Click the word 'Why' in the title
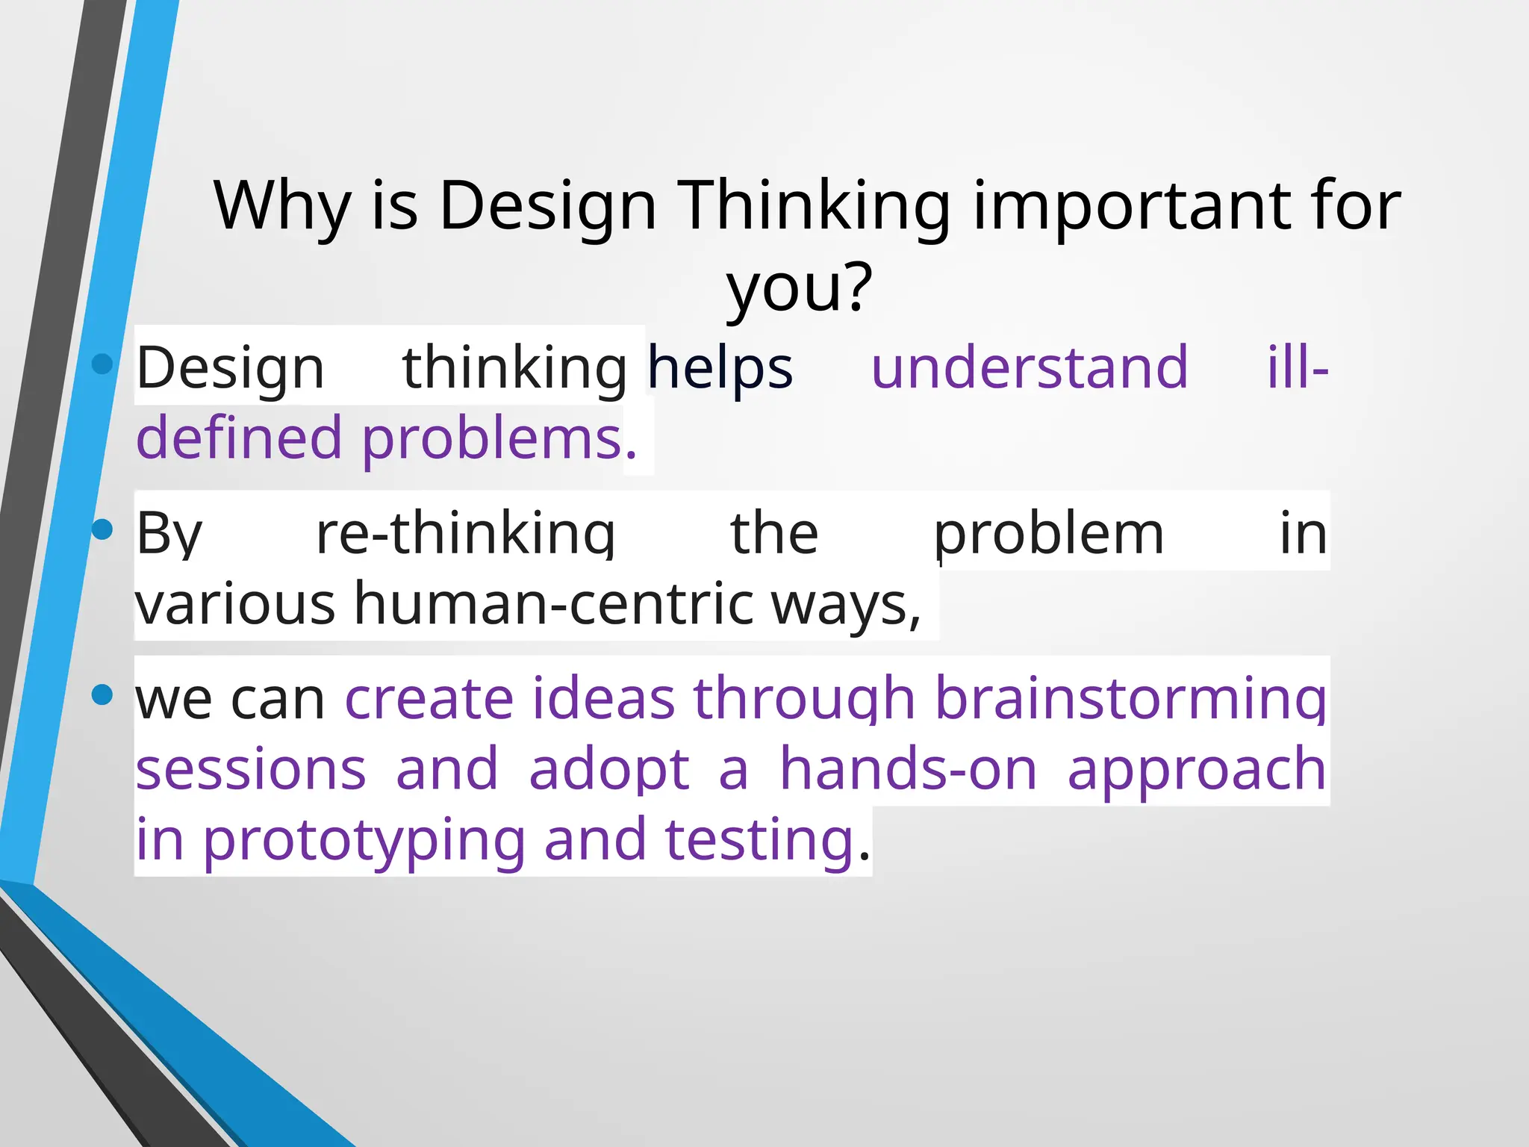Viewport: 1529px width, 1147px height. pyautogui.click(x=282, y=206)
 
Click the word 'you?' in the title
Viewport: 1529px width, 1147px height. pyautogui.click(x=799, y=288)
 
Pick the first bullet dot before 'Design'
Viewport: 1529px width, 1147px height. pyautogui.click(x=102, y=364)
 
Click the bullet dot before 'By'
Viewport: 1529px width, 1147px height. pyautogui.click(x=102, y=529)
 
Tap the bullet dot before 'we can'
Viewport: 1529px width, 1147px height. pyautogui.click(x=102, y=694)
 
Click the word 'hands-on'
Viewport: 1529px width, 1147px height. pyautogui.click(x=908, y=769)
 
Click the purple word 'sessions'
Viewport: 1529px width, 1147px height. pyautogui.click(x=251, y=769)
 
